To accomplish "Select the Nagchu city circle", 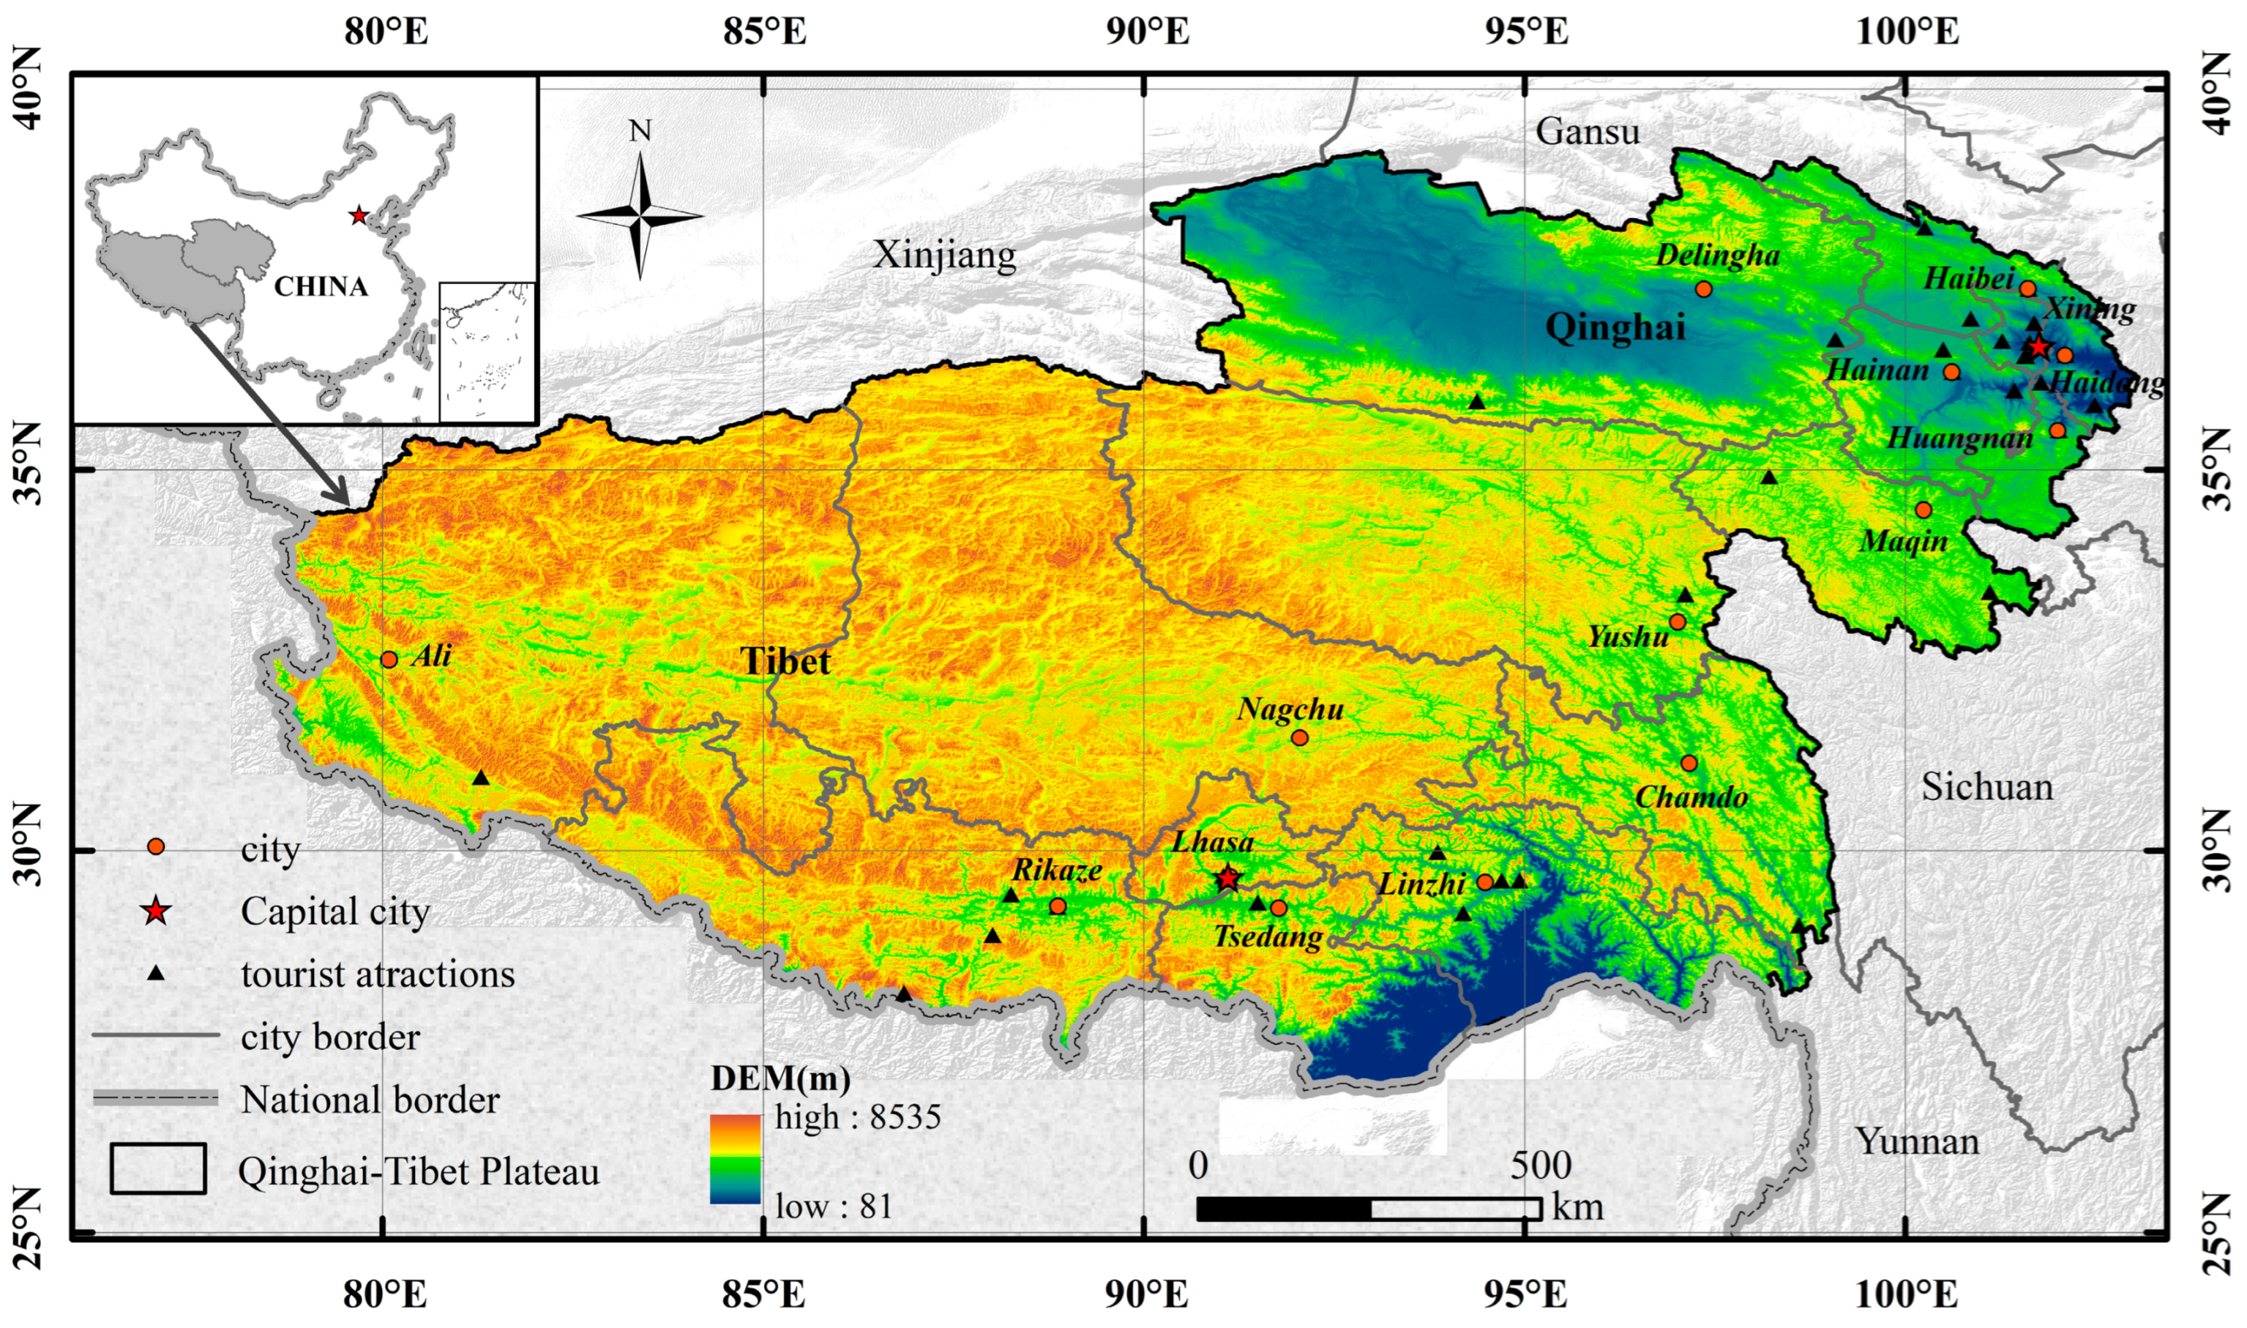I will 1300,737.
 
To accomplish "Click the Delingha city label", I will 1717,256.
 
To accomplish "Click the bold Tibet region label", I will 785,663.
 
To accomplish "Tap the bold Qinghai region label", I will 1615,327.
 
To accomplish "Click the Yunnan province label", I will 1916,1141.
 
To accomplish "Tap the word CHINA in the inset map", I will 321,286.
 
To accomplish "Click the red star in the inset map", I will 359,216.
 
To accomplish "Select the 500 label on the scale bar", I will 1541,1165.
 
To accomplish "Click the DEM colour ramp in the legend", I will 736,1159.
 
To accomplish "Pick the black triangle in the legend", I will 156,973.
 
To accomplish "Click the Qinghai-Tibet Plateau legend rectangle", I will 158,1168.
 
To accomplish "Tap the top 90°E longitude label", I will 1147,32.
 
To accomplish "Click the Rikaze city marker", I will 1058,906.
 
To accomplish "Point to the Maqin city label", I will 1904,542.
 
